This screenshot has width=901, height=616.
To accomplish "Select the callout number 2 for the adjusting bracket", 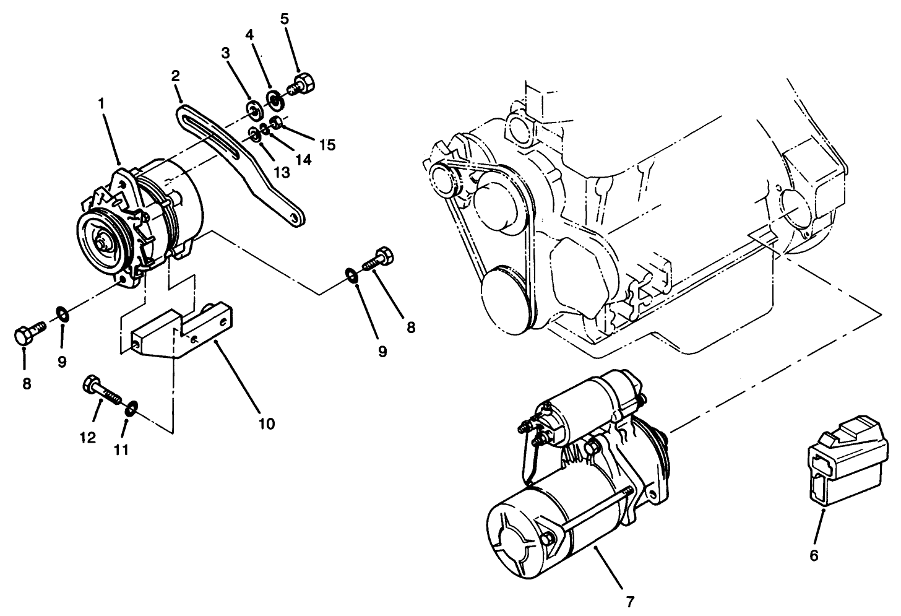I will (176, 76).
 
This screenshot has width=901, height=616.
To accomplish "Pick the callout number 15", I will (327, 145).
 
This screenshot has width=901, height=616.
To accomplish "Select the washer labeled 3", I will (254, 111).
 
